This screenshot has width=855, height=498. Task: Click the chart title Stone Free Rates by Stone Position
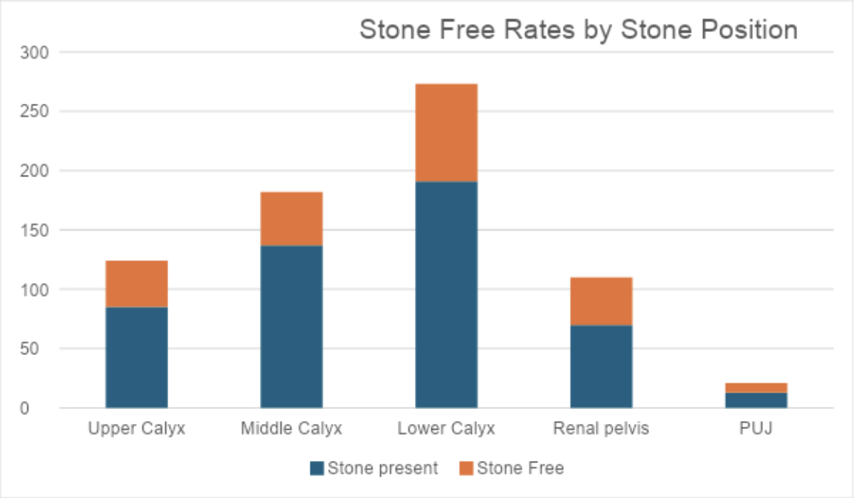[579, 30]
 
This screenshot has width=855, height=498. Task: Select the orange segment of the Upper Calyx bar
[137, 284]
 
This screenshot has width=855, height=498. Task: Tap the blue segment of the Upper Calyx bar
[137, 358]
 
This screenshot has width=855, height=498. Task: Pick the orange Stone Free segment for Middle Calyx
[292, 219]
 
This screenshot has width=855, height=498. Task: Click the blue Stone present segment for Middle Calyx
[292, 327]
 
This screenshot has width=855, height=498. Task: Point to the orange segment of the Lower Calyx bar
[447, 133]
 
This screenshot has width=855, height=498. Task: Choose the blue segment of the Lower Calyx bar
[447, 294]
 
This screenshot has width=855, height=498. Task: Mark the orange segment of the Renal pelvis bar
[602, 302]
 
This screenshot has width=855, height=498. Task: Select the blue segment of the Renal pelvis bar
[602, 367]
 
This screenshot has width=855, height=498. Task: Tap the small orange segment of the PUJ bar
[756, 388]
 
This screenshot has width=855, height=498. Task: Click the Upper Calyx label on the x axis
[137, 429]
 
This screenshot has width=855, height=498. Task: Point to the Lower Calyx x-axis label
[447, 429]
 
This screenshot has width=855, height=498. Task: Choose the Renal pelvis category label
[602, 429]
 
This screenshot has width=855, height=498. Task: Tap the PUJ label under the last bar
[756, 428]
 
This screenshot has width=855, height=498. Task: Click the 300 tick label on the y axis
[34, 53]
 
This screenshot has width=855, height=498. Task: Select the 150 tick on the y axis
[34, 230]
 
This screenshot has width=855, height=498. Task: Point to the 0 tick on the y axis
[24, 408]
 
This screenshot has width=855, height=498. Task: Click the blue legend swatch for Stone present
[317, 468]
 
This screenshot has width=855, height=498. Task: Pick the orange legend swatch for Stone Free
[466, 468]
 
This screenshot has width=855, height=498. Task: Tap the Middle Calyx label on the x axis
[292, 429]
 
